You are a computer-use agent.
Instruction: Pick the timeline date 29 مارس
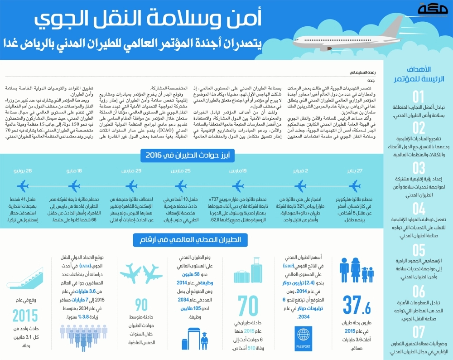[131, 171]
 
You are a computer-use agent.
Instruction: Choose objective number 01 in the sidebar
[419, 96]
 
